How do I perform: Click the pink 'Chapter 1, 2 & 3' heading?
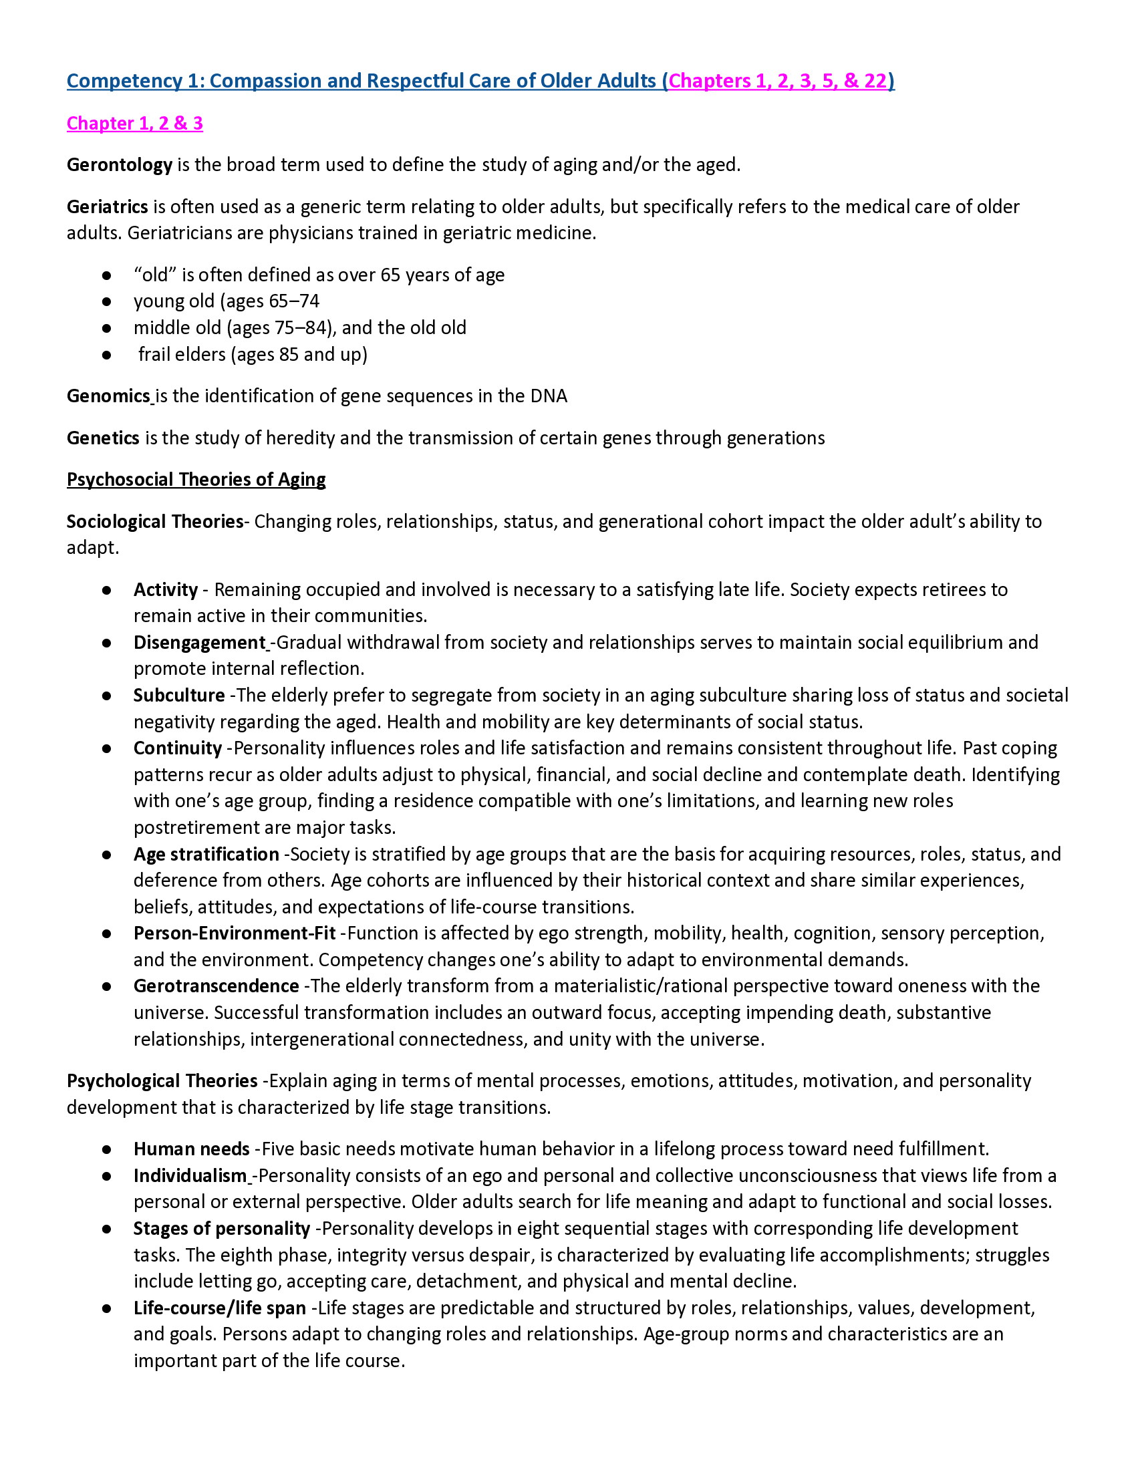tap(134, 123)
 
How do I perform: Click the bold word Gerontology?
tap(119, 165)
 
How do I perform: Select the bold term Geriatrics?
tap(107, 206)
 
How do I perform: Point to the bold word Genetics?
tap(102, 438)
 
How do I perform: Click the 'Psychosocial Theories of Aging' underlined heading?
tap(196, 479)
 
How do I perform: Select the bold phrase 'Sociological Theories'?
tap(154, 522)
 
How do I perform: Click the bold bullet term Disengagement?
tap(199, 642)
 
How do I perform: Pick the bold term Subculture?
tap(179, 696)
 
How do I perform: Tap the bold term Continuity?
tap(178, 748)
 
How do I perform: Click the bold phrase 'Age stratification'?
tap(206, 854)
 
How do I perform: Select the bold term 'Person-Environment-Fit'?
tap(234, 933)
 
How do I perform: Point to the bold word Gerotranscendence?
tap(216, 986)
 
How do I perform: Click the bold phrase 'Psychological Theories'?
tap(162, 1081)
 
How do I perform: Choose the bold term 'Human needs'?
tap(191, 1149)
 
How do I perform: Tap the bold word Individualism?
tap(190, 1176)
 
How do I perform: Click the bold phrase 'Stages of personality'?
tap(221, 1228)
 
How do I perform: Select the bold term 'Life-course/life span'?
tap(219, 1308)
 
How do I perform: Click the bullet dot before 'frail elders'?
tap(106, 355)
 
